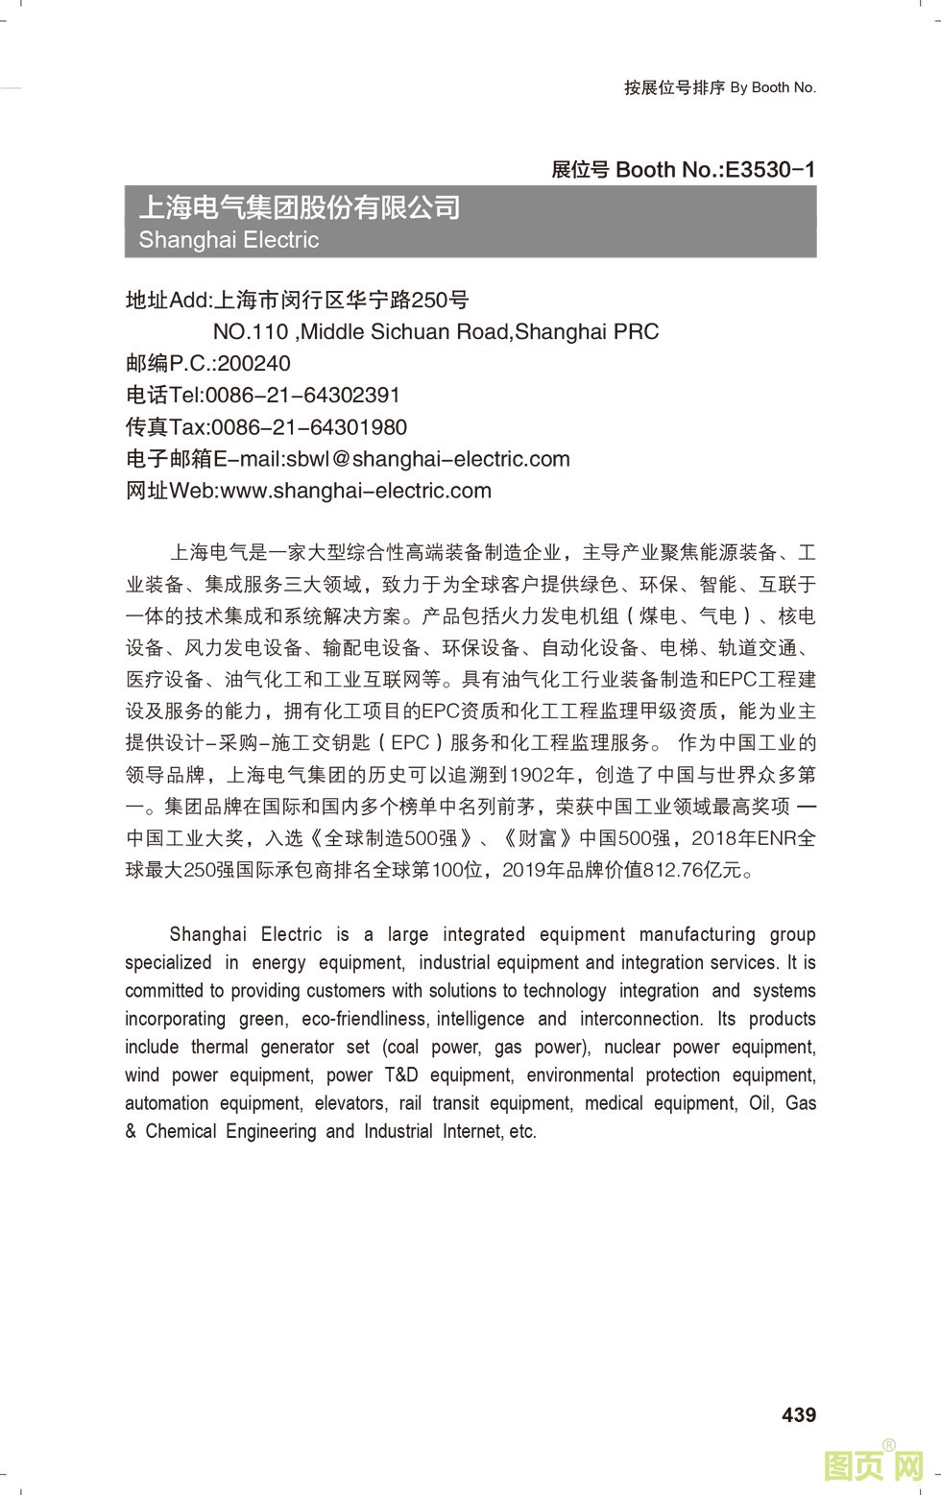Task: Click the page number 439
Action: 799,1414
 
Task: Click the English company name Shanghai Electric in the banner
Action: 229,239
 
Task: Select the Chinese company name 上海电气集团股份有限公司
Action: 300,207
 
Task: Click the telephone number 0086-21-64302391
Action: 303,396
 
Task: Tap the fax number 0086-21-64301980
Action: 308,427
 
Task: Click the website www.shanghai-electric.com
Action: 355,491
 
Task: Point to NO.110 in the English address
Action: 251,332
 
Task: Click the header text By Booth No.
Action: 773,87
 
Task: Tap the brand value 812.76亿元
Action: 692,870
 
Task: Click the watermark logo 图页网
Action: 875,1464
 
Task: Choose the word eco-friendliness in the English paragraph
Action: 366,1019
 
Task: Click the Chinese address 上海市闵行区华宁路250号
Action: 341,301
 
